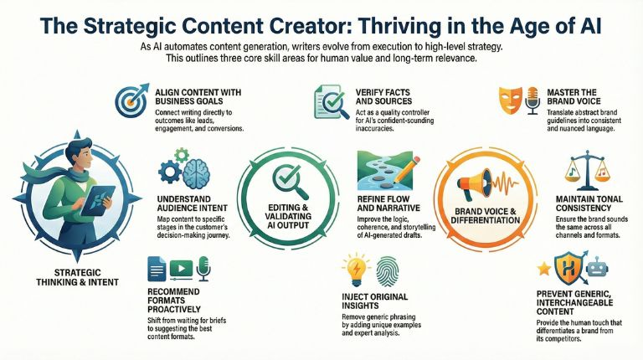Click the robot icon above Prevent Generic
click(594, 269)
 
